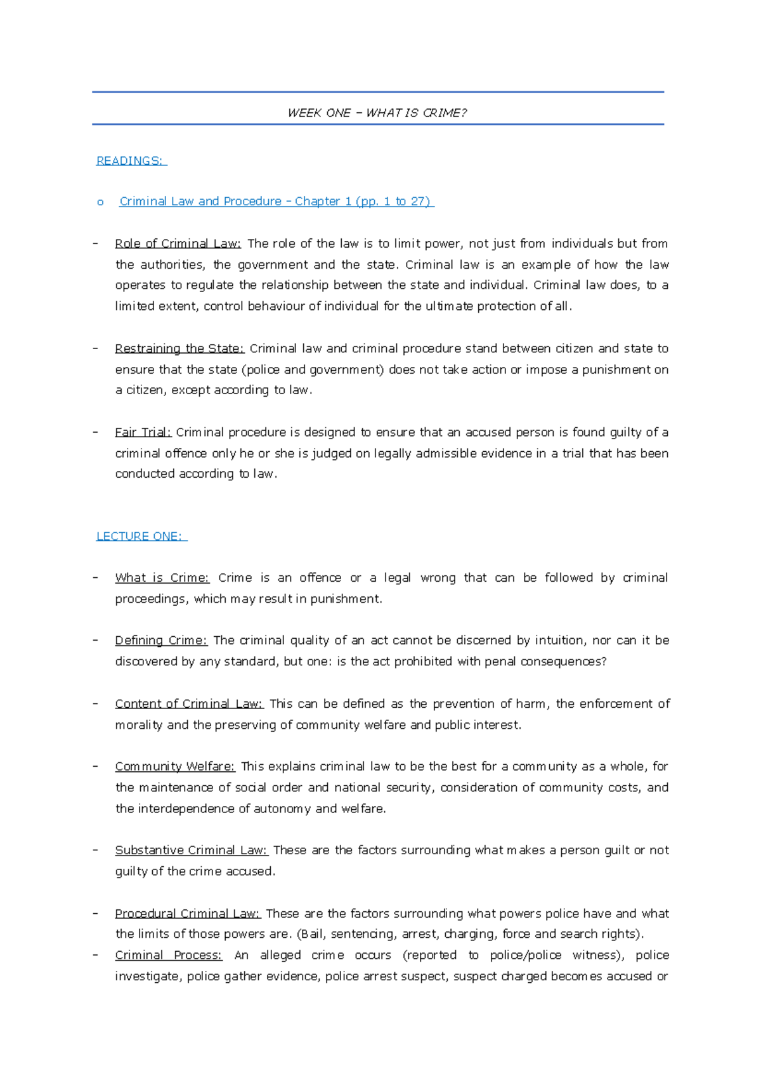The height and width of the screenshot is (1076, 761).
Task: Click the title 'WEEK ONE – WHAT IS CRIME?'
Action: click(377, 113)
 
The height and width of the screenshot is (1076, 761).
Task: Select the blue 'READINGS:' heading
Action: click(130, 161)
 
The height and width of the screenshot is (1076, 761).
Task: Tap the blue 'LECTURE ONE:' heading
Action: click(141, 536)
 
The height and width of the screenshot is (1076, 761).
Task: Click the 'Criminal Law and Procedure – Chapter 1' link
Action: click(276, 202)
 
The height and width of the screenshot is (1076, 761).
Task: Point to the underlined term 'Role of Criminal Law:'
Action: click(178, 243)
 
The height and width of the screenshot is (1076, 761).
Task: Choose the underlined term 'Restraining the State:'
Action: click(179, 349)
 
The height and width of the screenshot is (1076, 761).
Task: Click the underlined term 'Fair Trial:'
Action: click(143, 432)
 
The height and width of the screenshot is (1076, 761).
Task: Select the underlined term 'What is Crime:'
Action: click(162, 578)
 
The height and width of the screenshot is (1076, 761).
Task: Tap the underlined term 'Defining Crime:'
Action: click(160, 641)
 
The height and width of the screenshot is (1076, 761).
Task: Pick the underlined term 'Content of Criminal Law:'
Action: click(188, 703)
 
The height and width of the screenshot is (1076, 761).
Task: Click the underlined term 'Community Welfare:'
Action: click(174, 766)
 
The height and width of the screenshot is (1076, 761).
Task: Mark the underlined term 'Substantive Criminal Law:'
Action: click(191, 850)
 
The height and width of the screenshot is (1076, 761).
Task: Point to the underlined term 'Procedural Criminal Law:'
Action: click(187, 913)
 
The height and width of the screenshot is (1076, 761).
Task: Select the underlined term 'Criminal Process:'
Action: click(168, 955)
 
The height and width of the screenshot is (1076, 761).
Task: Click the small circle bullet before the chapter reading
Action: click(100, 202)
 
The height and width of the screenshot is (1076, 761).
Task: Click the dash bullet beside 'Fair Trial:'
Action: click(96, 432)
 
